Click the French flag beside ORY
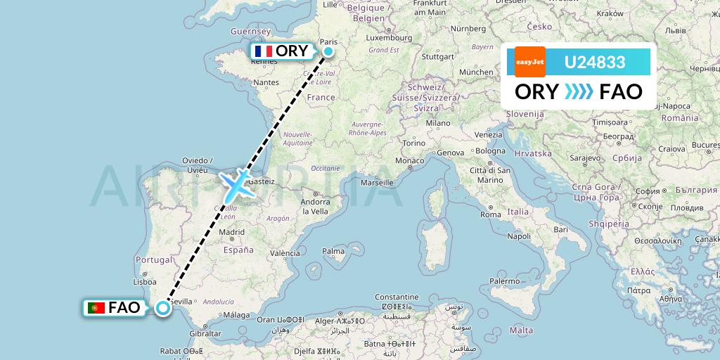(264, 51)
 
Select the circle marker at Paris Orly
(328, 51)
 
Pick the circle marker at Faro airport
(163, 307)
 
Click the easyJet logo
(529, 62)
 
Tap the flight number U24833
(594, 63)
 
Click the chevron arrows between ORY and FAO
(579, 91)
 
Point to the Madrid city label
(231, 232)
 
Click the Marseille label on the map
(377, 182)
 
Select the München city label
(475, 72)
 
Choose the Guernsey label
(251, 32)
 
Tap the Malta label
(521, 330)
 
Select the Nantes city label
(266, 82)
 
